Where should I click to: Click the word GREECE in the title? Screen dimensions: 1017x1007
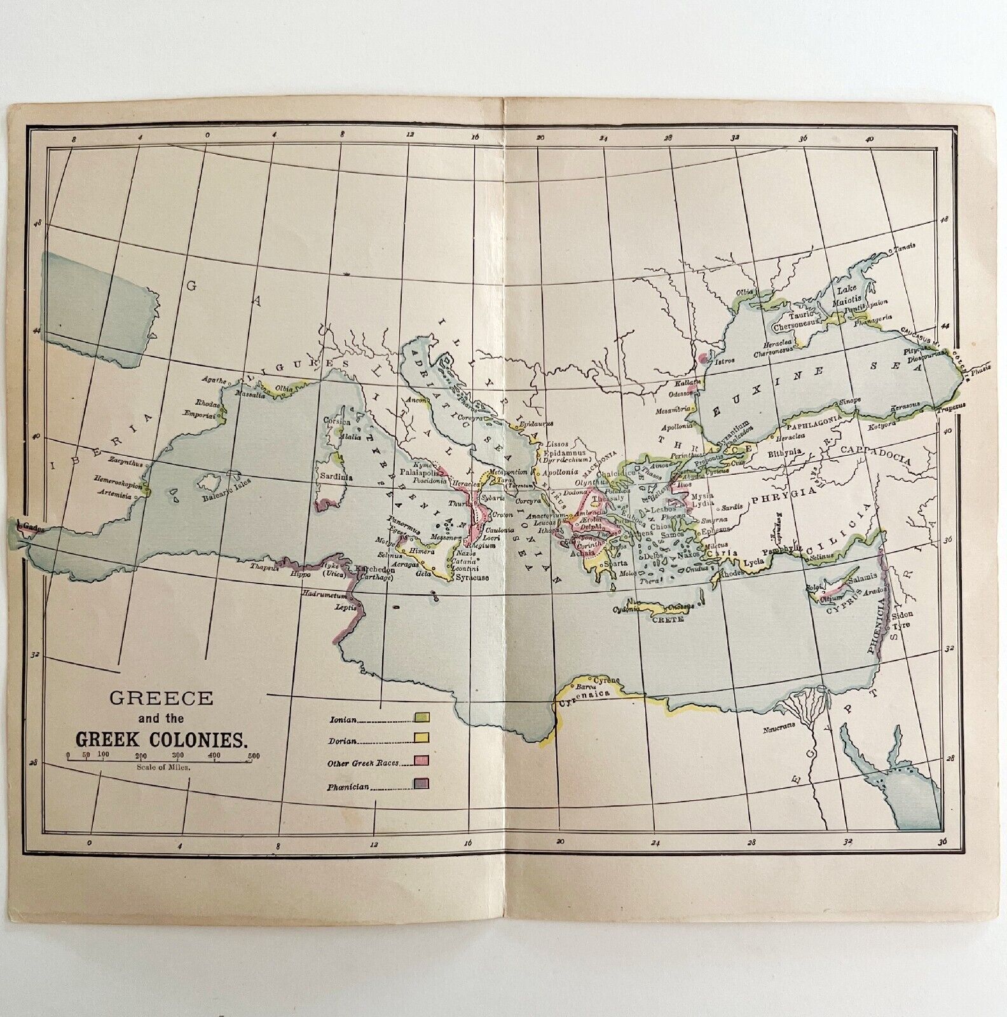pos(161,697)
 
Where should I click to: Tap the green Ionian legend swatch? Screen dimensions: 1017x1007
pos(422,717)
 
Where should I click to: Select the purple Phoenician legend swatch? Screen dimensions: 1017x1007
pos(422,783)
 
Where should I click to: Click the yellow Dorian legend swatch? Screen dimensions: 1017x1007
pos(422,738)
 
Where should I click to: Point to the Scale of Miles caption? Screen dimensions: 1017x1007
pos(163,767)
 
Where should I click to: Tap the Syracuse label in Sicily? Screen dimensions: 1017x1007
pos(472,578)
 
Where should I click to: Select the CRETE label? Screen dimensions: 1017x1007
pos(668,618)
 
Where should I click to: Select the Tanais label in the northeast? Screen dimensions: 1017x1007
pos(905,249)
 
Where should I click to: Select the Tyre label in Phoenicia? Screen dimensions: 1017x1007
pos(903,625)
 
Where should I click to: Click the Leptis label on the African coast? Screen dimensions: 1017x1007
pos(345,607)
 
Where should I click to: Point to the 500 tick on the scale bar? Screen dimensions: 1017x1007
pos(253,755)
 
